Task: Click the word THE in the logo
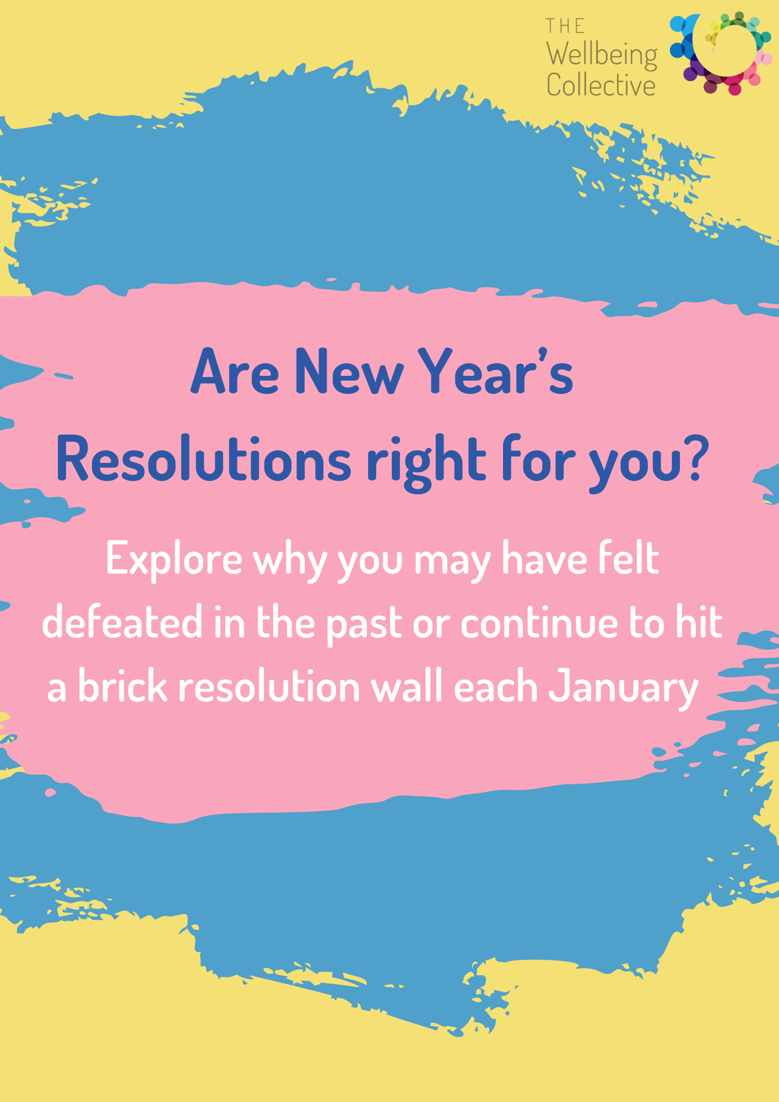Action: point(565,26)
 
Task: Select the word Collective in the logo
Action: point(601,85)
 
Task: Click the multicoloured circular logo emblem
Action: point(721,53)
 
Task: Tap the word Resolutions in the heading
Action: point(203,458)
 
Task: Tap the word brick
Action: point(122,687)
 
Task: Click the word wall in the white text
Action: point(407,687)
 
